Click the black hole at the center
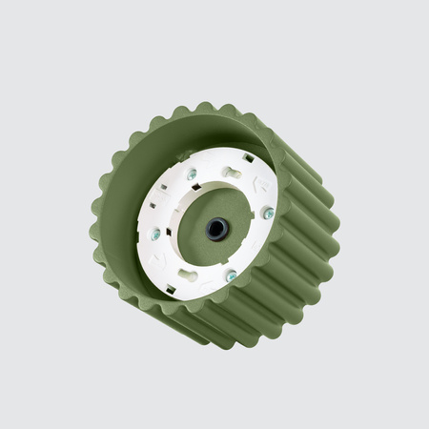point(216,229)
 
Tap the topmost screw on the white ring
point(192,175)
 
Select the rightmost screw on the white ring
point(268,214)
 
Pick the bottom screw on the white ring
point(231,276)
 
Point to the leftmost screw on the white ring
point(155,234)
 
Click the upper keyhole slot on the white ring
point(233,173)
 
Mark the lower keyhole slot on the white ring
point(187,275)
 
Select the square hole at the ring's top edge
point(249,158)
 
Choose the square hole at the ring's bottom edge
point(171,288)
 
